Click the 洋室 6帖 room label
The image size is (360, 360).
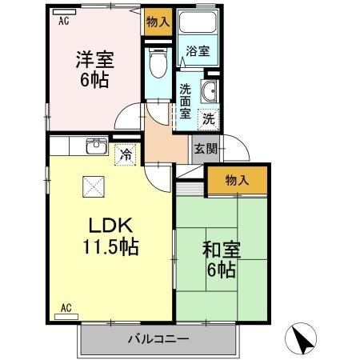click(94, 69)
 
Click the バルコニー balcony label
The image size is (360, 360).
click(158, 338)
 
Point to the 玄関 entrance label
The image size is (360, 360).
click(201, 147)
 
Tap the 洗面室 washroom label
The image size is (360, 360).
click(184, 102)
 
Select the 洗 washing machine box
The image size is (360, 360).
click(207, 119)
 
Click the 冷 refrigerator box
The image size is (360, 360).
click(126, 155)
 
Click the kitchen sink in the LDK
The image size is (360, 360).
click(96, 146)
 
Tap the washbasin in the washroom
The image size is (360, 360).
click(210, 90)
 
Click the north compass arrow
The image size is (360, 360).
click(302, 338)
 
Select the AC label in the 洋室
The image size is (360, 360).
click(63, 22)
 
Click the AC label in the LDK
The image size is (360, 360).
click(66, 307)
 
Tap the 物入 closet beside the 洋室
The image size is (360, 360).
click(158, 22)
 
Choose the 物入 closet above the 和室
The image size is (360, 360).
click(236, 180)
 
